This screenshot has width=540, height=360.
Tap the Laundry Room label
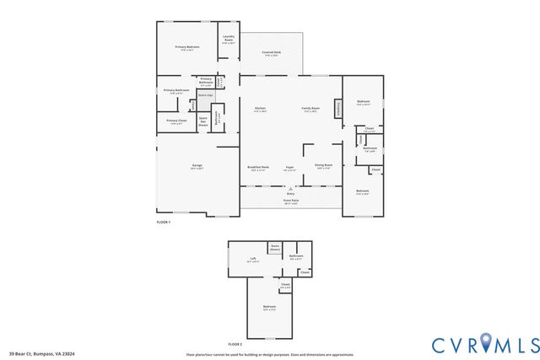pos(229,39)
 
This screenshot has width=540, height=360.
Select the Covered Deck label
pos(271,53)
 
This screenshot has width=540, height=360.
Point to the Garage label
pos(196,166)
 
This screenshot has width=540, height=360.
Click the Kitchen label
pos(261,109)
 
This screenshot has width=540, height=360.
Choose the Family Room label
pos(310,109)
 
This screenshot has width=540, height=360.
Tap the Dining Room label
pos(323,166)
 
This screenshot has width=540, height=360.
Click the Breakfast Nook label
pos(257,166)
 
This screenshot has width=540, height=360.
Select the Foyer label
pos(289,167)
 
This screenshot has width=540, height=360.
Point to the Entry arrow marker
pos(290,189)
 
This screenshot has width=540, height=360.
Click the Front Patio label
pos(290,201)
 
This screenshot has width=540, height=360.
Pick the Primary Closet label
pos(175,122)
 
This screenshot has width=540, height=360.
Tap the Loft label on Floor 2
pos(252,259)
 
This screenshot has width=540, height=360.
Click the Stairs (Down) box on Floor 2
pos(275,248)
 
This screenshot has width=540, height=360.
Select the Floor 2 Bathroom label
pos(296,256)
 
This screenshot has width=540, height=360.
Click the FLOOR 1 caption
pos(164,222)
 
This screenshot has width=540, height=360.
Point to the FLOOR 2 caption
pos(235,345)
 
